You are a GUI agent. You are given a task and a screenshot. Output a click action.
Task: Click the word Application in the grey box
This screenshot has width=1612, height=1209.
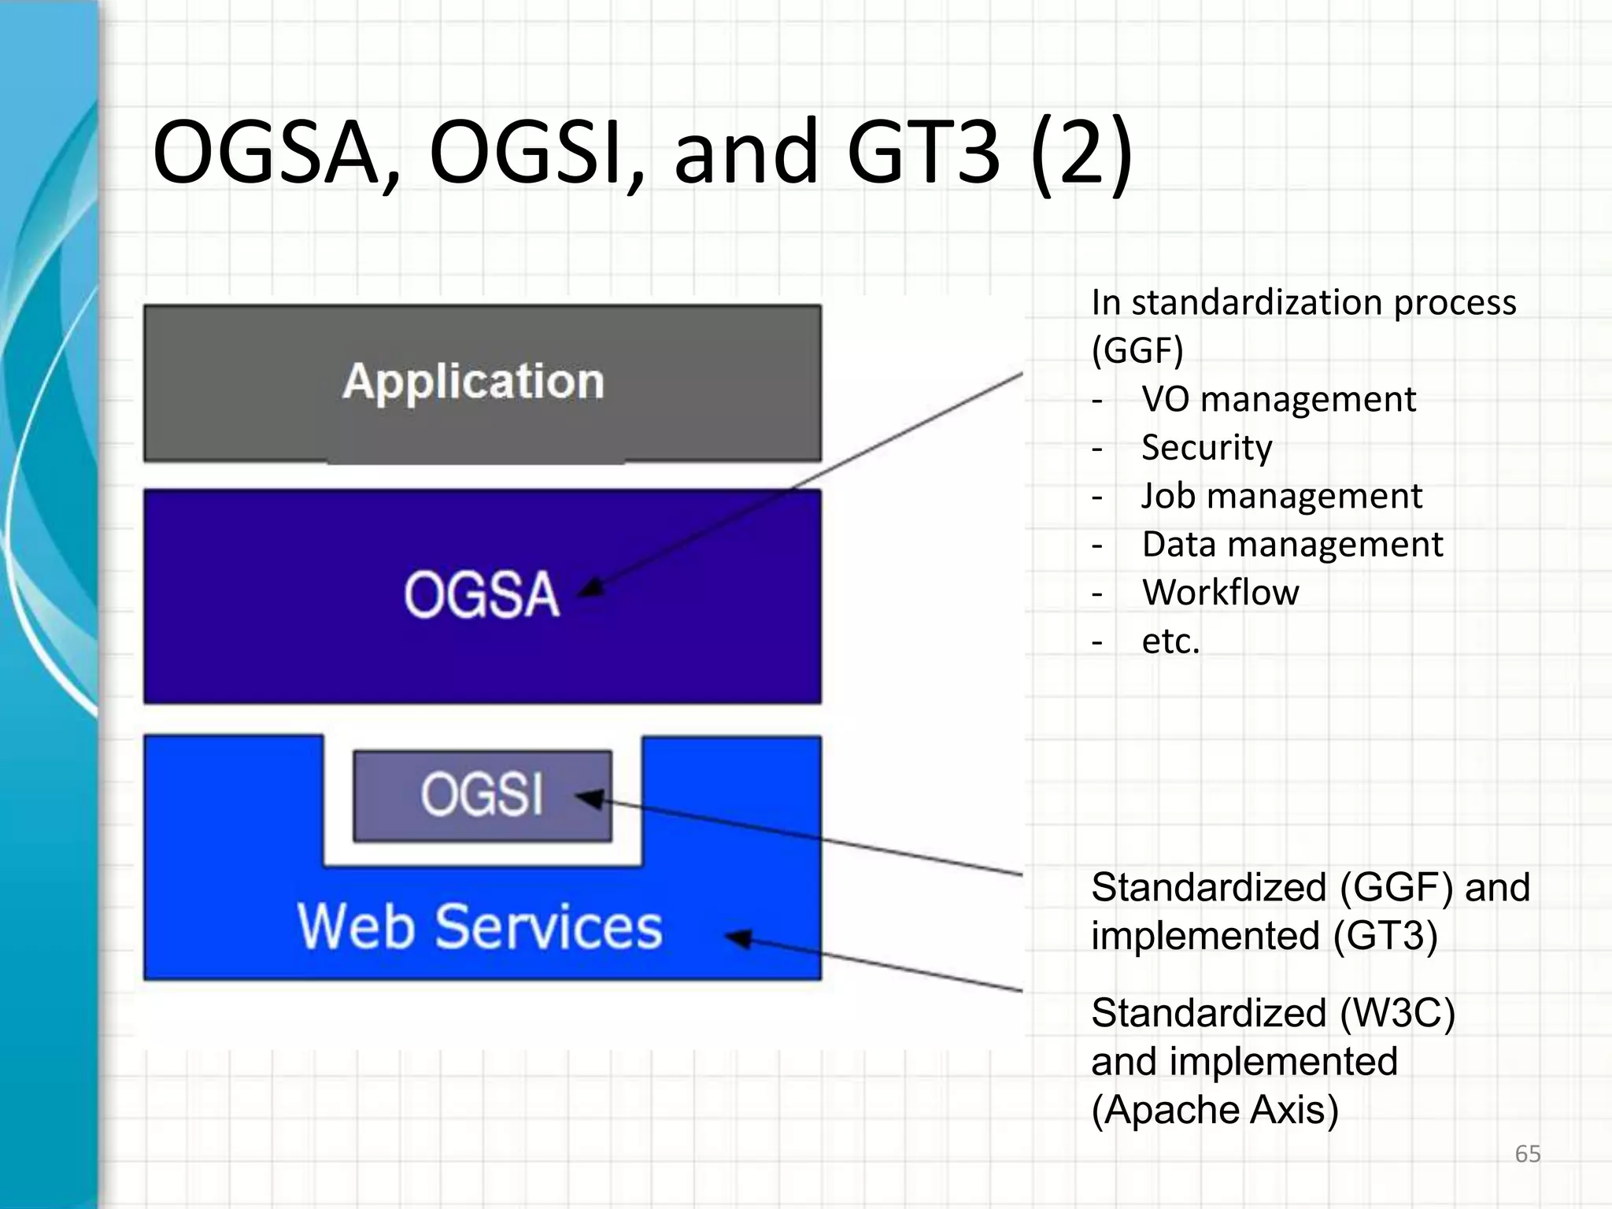(x=473, y=382)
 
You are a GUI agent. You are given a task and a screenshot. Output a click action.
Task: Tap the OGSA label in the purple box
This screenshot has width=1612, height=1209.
(x=482, y=594)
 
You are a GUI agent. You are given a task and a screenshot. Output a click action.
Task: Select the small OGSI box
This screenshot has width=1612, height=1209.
(x=482, y=795)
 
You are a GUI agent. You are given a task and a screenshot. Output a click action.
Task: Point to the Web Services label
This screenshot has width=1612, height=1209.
(x=479, y=926)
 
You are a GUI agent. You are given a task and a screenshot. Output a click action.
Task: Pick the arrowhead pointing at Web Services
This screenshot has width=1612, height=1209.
(x=738, y=938)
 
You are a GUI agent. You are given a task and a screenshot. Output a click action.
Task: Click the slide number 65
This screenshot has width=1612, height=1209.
(x=1527, y=1154)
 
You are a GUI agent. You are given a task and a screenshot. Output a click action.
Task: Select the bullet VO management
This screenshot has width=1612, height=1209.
(x=1278, y=399)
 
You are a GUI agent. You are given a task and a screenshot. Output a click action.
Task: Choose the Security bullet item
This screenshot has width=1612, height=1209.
(x=1207, y=447)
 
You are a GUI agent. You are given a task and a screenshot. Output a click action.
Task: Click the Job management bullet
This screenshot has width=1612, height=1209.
(x=1281, y=496)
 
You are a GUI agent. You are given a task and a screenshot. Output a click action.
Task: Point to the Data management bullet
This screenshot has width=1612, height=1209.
(x=1292, y=544)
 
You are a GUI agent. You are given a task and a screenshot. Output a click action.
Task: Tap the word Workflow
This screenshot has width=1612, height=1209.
(x=1220, y=592)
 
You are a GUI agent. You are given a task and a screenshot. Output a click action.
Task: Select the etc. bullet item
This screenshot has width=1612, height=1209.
(x=1170, y=641)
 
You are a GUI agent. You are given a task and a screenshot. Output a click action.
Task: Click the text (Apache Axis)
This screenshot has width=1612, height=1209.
(x=1215, y=1110)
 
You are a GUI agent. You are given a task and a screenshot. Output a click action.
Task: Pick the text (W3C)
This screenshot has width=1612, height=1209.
(x=1397, y=1013)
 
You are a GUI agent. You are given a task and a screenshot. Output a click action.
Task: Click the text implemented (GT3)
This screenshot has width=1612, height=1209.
(x=1264, y=936)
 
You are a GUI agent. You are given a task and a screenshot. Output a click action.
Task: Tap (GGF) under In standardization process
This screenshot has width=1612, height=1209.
(x=1137, y=350)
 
